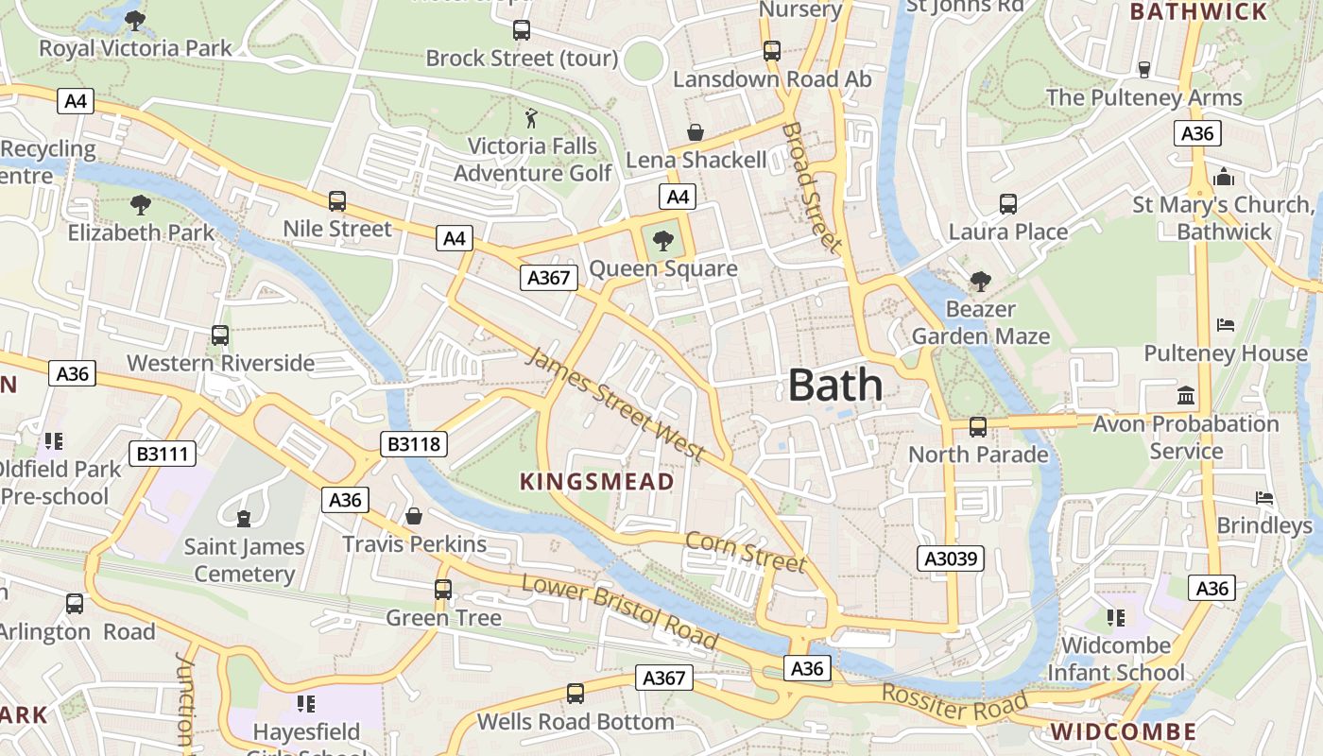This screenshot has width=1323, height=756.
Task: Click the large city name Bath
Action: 835,386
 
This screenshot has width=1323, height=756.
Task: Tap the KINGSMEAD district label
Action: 597,481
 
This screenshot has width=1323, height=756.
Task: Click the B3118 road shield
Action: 413,444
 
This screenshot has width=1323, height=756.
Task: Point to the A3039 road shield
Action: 951,558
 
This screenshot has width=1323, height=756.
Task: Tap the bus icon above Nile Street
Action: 337,201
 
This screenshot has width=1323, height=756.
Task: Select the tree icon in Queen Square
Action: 663,240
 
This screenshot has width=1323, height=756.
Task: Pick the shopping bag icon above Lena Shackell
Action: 696,132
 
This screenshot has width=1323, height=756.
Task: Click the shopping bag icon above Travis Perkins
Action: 414,516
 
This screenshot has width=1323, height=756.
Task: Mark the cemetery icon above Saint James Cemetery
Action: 244,518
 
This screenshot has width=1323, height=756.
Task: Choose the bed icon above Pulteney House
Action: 1226,325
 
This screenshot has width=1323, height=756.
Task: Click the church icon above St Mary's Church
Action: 1224,177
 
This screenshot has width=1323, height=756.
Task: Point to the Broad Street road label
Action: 812,187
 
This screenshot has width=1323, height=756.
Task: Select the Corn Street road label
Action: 746,552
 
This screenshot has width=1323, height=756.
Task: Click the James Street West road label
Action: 614,404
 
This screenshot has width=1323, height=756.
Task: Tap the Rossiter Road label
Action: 954,702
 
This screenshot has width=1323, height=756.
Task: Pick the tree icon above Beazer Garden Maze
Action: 981,281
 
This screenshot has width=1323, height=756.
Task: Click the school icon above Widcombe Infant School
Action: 1116,618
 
